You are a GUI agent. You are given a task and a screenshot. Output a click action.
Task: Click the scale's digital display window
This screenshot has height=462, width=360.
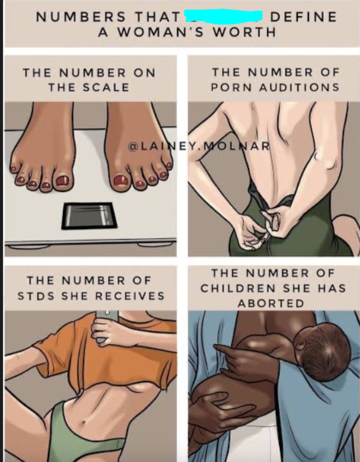89,215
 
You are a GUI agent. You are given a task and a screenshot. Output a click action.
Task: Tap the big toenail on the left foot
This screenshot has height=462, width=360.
62,180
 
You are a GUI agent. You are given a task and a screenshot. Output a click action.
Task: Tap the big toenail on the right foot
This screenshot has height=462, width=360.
120,180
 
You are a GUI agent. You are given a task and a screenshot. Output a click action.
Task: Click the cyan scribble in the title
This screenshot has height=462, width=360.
223,16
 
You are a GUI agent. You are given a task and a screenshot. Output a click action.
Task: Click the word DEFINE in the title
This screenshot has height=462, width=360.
303,17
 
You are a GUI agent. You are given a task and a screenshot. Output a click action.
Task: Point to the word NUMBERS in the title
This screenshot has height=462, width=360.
81,17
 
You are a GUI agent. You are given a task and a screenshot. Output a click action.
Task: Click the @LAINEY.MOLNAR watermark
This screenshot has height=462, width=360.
199,146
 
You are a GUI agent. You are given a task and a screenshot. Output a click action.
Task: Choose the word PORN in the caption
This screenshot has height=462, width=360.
231,87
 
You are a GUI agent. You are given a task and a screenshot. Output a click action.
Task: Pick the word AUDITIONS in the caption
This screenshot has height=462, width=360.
299,87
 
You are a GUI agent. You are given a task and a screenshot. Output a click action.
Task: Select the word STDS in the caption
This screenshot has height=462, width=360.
36,296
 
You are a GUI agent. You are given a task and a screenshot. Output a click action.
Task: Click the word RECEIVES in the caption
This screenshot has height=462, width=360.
130,296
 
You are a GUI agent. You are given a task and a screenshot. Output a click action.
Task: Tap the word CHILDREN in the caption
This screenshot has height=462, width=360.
238,288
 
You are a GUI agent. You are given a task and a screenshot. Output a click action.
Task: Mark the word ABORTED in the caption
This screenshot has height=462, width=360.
271,303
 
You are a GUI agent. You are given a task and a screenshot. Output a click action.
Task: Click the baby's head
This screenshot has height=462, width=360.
322,351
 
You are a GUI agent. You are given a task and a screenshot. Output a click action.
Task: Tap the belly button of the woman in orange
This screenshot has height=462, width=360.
83,423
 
